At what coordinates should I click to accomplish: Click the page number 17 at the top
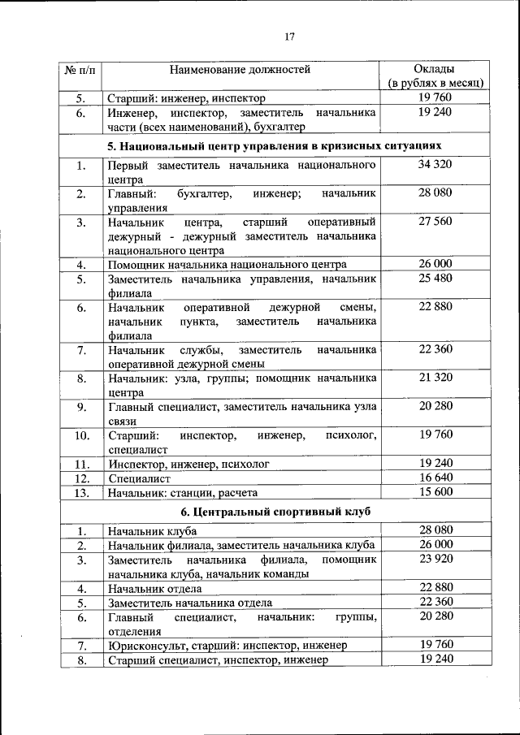289,36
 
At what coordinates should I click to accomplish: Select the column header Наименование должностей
240,69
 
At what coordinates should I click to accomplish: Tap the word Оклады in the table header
435,68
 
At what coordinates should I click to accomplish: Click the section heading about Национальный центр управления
275,146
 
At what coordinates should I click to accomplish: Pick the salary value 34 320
435,165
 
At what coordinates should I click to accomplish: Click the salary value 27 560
435,221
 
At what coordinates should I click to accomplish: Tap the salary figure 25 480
435,279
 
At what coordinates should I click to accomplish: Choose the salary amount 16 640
435,478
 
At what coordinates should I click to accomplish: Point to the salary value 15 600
435,492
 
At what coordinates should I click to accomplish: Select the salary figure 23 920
435,560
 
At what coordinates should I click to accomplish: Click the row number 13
81,493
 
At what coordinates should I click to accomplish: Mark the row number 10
81,435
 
